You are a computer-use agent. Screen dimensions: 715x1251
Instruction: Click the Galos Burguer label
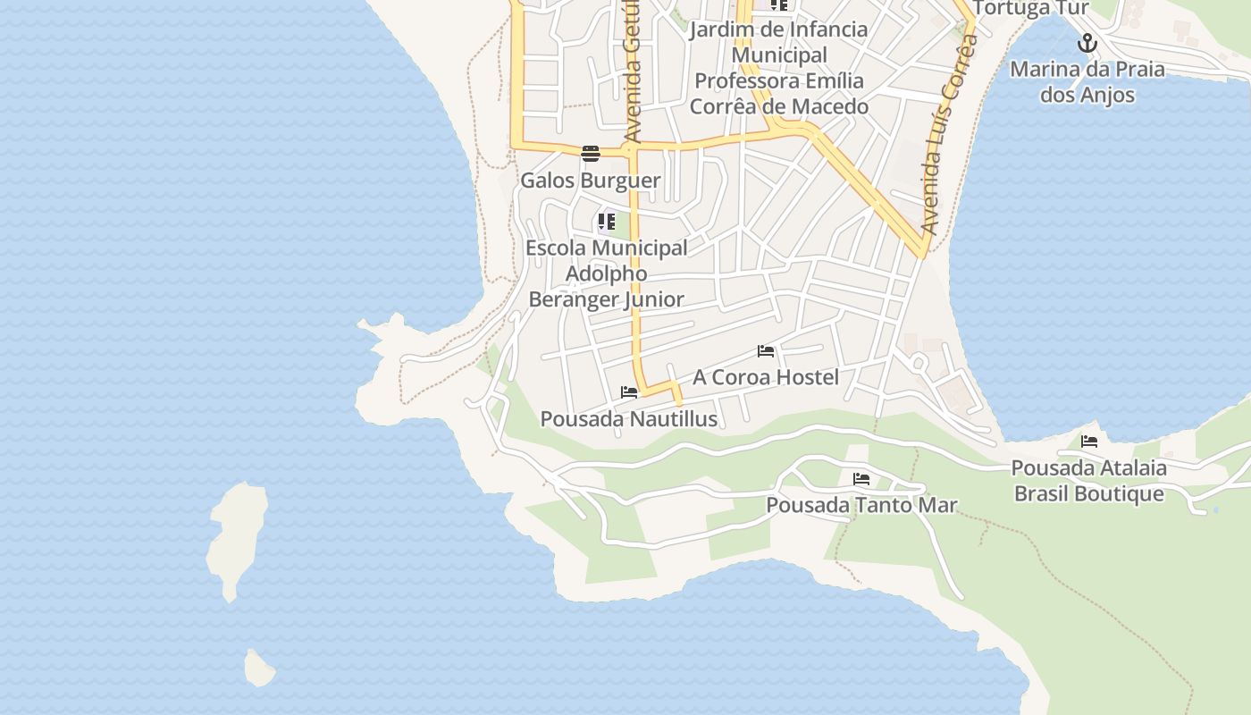[590, 181]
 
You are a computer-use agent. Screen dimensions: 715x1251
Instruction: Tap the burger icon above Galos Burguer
[590, 154]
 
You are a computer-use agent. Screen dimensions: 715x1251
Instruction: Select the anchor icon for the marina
[1087, 43]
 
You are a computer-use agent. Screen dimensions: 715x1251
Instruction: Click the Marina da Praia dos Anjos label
[1087, 82]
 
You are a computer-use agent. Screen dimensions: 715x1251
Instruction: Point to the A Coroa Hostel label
[766, 377]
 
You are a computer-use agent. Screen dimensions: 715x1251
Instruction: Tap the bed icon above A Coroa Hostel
[766, 351]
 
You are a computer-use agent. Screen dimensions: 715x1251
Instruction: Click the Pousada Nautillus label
[629, 418]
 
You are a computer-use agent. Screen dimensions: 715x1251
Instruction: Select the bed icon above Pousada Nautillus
[629, 392]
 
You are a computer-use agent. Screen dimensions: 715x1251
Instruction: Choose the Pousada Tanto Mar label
[861, 505]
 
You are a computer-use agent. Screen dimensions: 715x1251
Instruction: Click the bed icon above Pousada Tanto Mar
[861, 479]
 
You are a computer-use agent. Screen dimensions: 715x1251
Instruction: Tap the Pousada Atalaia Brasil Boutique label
[1088, 481]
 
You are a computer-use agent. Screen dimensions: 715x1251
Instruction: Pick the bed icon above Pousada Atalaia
[1088, 442]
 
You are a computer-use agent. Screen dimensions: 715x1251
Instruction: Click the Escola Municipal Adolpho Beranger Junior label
[607, 273]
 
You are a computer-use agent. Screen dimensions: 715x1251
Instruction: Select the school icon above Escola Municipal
[607, 221]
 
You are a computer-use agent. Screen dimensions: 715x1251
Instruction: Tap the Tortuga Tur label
[1030, 9]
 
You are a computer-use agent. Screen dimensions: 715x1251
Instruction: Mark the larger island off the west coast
[238, 536]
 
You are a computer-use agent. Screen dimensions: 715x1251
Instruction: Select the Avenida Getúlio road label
[634, 71]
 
